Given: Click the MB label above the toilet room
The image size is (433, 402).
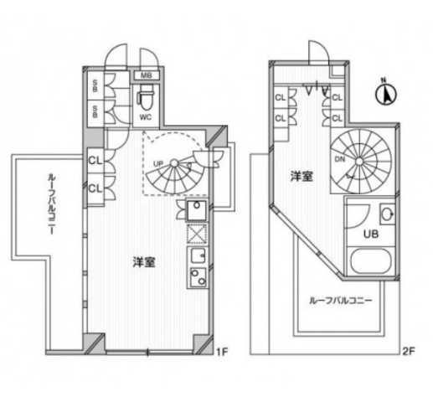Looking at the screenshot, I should (x=146, y=76).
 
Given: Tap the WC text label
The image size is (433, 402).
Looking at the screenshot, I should (x=145, y=116).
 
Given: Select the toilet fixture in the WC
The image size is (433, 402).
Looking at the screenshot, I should (x=145, y=99).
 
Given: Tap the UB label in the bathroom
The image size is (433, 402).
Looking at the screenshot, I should (x=369, y=234).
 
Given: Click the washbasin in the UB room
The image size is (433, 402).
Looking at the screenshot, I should (x=388, y=213).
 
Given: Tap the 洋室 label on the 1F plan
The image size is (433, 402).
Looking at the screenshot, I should (x=142, y=261).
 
